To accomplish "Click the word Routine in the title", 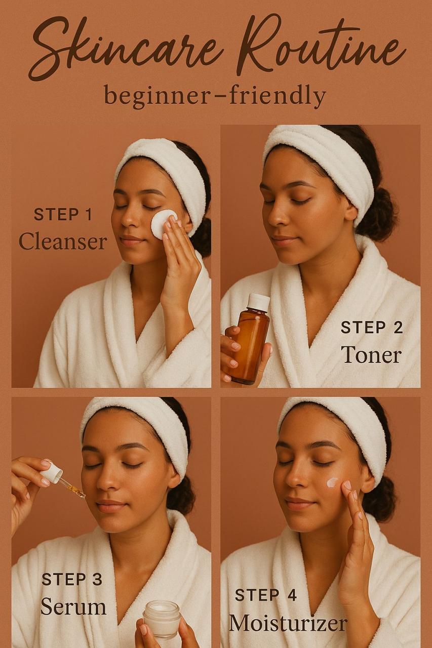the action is [321, 44].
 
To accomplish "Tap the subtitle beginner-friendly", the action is [215, 96].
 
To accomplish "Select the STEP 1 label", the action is [63, 215].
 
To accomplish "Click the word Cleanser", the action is [63, 242].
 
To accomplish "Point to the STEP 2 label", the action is [372, 328].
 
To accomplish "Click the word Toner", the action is [372, 354].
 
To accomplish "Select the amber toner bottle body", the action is [249, 344].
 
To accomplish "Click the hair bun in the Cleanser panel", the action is [202, 237].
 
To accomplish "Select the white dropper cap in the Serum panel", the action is [51, 472].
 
